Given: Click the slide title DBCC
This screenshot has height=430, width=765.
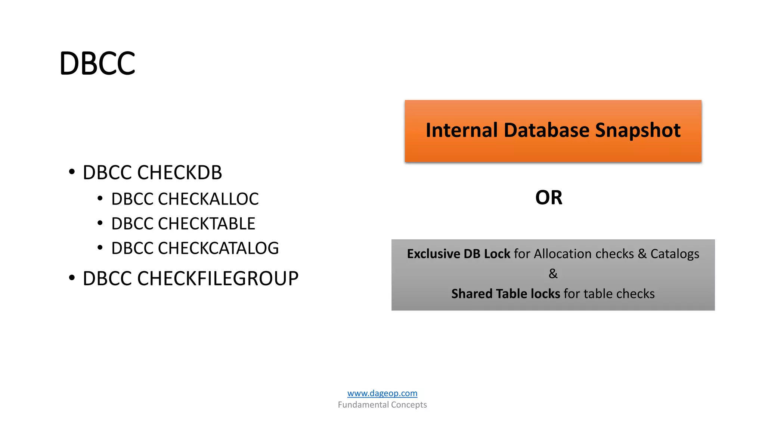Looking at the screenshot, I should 97,63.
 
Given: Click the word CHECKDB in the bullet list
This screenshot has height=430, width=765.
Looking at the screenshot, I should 179,173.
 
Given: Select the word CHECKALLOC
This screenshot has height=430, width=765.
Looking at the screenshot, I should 208,199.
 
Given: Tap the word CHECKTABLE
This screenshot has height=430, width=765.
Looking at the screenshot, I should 206,224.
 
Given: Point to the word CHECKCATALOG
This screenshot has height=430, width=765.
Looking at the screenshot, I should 218,248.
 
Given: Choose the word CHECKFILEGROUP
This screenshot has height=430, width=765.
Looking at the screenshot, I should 218,279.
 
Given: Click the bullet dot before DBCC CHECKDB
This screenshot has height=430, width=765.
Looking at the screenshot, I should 72,172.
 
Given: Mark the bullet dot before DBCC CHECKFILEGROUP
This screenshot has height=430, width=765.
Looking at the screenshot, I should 72,278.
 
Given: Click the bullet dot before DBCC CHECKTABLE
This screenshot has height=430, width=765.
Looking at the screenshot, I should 100,223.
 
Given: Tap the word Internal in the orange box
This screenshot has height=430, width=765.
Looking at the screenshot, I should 462,130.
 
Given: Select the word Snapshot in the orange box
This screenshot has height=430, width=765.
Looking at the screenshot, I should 638,130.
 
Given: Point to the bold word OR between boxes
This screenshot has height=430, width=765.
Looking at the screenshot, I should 549,197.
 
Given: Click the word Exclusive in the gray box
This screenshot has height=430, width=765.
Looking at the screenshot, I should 433,254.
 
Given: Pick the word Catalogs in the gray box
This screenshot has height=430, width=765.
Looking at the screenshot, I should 675,254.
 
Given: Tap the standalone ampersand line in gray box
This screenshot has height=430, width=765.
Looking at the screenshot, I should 553,274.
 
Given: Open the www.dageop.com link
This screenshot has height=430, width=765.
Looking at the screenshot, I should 382,393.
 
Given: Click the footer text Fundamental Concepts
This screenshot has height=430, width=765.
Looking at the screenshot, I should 382,405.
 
